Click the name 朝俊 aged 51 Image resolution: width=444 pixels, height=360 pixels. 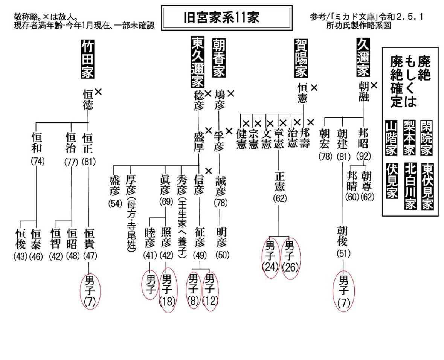click(343, 236)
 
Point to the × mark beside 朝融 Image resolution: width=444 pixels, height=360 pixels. click(374, 85)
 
